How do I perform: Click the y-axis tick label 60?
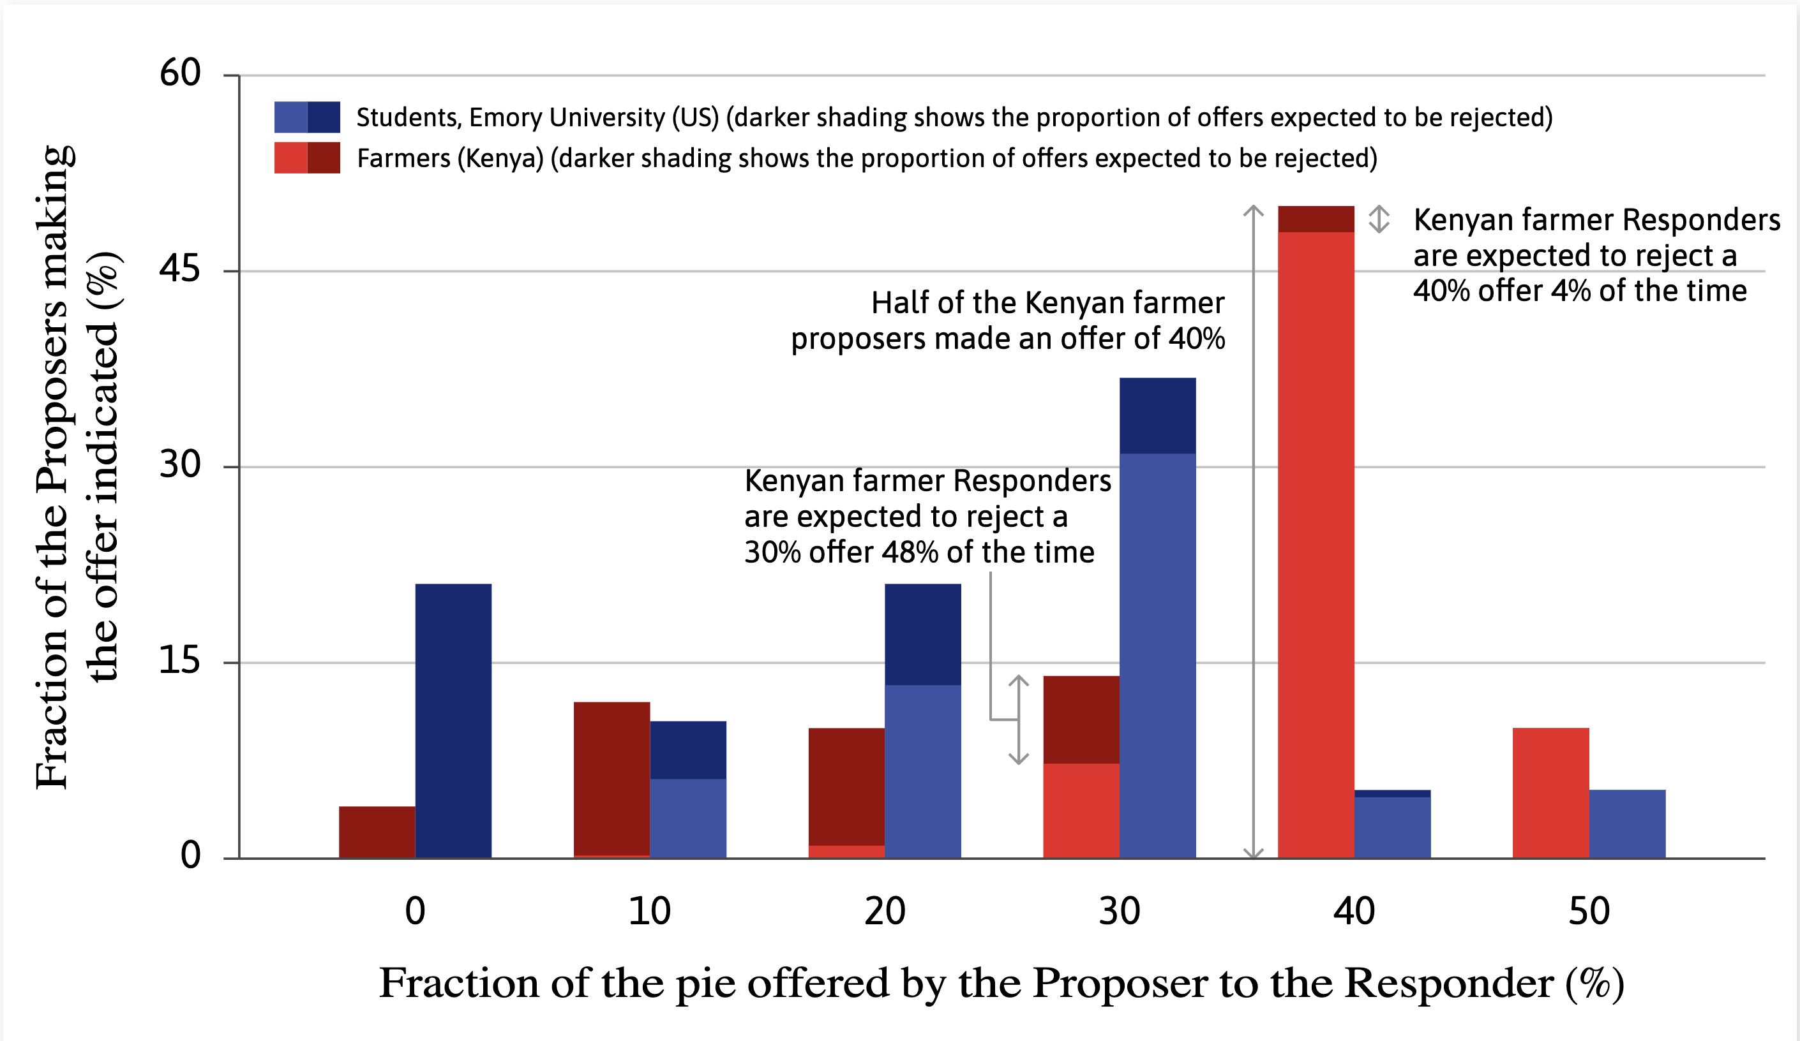pos(180,73)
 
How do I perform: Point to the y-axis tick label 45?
pos(180,269)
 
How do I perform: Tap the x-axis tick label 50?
pos(1589,912)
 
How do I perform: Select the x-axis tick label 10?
pos(649,912)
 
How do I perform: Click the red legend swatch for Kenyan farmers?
pos(307,158)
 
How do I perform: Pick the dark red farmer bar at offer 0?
pos(377,832)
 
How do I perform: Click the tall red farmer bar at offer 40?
pos(1316,543)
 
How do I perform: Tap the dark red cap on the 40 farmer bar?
pos(1316,219)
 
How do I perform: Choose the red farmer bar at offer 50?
pos(1550,792)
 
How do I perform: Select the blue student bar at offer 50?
pos(1627,824)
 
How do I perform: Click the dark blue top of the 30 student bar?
pos(1157,415)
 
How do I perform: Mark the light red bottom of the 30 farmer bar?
pos(1081,811)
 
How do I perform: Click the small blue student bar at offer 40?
pos(1392,827)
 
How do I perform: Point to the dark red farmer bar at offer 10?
pos(611,778)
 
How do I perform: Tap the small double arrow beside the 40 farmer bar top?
pos(1379,219)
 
